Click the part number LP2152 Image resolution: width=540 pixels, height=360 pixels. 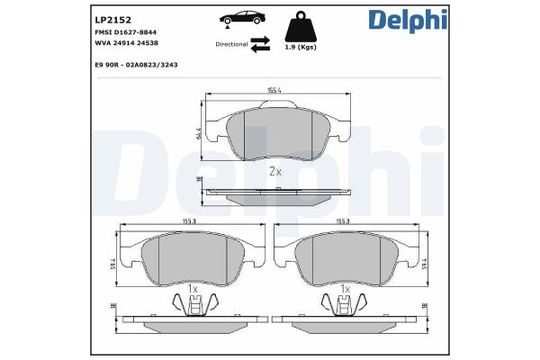coord(113,20)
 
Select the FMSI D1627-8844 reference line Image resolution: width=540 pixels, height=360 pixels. coord(126,32)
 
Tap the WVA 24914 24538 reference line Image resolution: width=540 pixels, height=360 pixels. coord(126,43)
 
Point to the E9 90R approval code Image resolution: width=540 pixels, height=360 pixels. coord(136,65)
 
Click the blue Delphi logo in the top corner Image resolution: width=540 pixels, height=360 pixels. coord(408,21)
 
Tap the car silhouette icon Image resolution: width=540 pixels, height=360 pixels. coord(240,19)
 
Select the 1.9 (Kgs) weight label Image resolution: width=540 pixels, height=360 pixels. coord(301,48)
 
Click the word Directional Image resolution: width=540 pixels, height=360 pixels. coord(231,44)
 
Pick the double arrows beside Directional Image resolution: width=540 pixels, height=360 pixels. coord(260,44)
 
